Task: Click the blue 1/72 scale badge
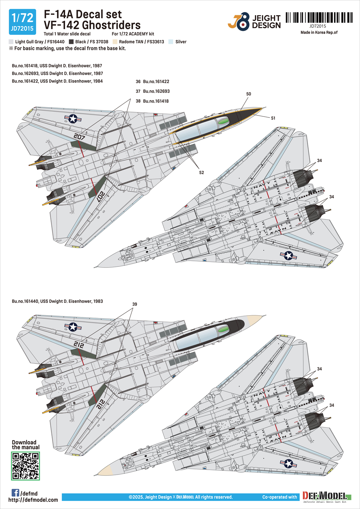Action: pyautogui.click(x=22, y=22)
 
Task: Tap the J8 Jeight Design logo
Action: pyautogui.click(x=254, y=22)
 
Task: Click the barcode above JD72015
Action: pyautogui.click(x=319, y=18)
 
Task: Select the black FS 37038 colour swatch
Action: pyautogui.click(x=71, y=42)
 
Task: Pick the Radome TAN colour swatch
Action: pyautogui.click(x=115, y=42)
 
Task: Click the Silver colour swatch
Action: pyautogui.click(x=171, y=42)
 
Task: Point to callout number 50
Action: pyautogui.click(x=249, y=94)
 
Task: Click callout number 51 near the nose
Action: pyautogui.click(x=273, y=118)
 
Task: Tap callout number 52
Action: pyautogui.click(x=201, y=173)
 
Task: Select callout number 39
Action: pyautogui.click(x=135, y=304)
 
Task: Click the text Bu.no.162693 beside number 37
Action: pyautogui.click(x=156, y=91)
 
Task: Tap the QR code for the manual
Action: pyautogui.click(x=25, y=466)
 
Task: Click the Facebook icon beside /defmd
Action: pyautogui.click(x=15, y=493)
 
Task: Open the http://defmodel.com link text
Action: pyautogui.click(x=33, y=500)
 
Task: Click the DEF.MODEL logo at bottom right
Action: pyautogui.click(x=325, y=497)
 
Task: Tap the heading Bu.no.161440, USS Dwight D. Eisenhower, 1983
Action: pyautogui.click(x=57, y=301)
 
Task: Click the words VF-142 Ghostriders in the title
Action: pyautogui.click(x=92, y=25)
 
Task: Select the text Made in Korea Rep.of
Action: pyautogui.click(x=319, y=32)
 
